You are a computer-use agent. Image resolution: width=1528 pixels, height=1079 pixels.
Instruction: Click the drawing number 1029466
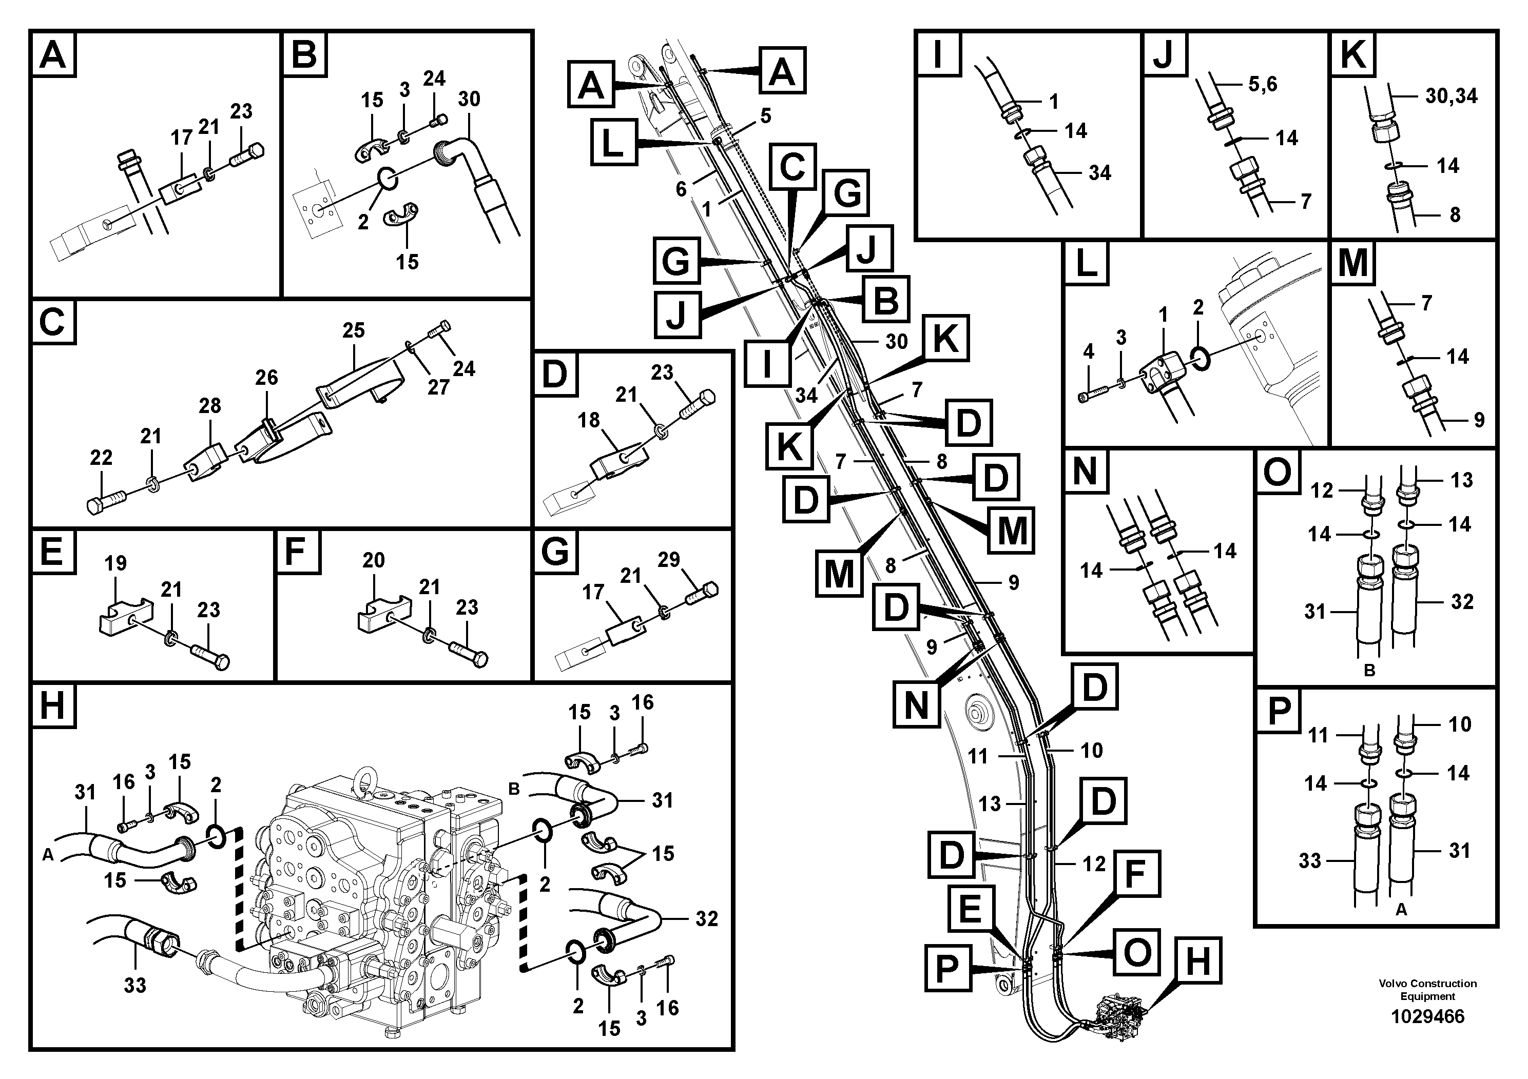(1427, 1016)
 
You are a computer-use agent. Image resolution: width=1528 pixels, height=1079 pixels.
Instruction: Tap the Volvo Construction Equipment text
(1427, 990)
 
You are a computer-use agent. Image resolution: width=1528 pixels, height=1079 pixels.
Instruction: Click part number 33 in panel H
(134, 985)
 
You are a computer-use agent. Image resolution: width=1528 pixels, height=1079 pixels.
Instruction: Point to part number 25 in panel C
(353, 330)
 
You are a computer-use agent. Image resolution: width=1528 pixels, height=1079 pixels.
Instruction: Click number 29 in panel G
(669, 559)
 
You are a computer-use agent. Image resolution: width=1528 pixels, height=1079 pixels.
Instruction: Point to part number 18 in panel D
(588, 420)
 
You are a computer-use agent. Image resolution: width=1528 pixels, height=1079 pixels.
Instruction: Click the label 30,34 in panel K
(1451, 96)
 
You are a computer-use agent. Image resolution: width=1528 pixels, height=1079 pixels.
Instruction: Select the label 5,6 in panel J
(1263, 85)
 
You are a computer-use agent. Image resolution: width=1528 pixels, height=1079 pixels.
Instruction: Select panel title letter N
(1085, 472)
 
